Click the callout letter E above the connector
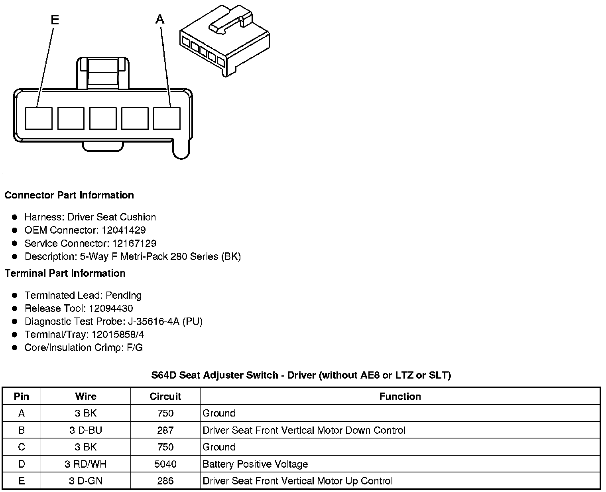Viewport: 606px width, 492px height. (x=55, y=20)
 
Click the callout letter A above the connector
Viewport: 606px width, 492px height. (x=160, y=19)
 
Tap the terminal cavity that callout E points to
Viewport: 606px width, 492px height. (x=39, y=118)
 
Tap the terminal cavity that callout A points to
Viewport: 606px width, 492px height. (x=167, y=118)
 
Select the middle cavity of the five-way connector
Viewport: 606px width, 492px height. (x=103, y=118)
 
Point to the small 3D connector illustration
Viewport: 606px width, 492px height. (x=225, y=42)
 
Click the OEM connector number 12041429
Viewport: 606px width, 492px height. (x=124, y=230)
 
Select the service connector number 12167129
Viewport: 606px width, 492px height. (x=134, y=243)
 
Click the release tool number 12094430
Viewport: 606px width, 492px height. (x=111, y=308)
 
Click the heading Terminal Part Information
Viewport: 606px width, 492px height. (x=65, y=273)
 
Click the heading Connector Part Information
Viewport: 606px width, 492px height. (x=69, y=195)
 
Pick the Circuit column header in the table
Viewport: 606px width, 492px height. (x=165, y=396)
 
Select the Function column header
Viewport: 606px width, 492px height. (x=400, y=396)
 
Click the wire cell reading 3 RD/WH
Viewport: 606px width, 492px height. (x=85, y=464)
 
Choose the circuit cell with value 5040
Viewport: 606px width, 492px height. (x=165, y=464)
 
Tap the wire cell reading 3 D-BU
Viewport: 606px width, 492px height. (x=85, y=430)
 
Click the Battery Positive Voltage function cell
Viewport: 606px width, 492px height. (x=255, y=464)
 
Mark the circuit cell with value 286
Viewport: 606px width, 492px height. (x=165, y=481)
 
